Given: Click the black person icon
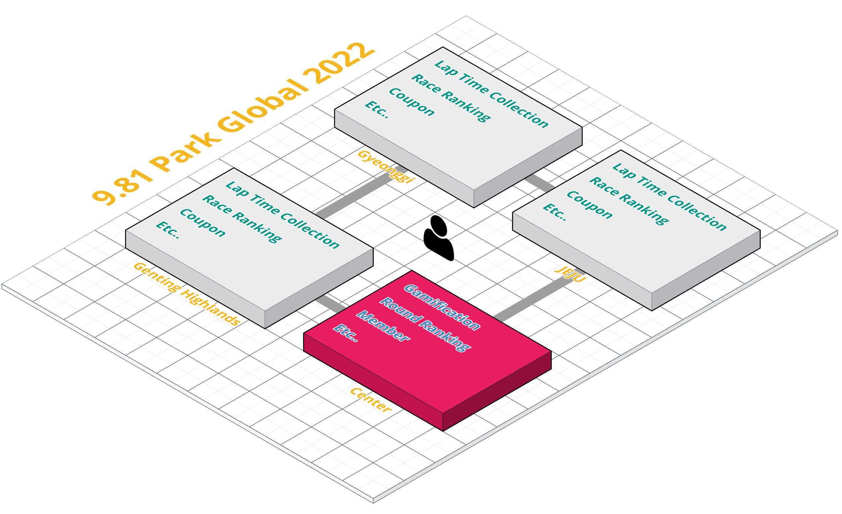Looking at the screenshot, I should tap(439, 238).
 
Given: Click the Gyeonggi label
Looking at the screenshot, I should tap(385, 166).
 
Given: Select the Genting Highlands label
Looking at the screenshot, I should tap(187, 294).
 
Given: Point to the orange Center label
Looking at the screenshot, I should tap(371, 400).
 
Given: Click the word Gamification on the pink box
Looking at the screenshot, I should tap(442, 307).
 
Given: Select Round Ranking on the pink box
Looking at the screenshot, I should tap(425, 324).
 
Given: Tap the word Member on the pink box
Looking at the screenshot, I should tap(383, 326).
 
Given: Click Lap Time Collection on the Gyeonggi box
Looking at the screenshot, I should tap(491, 93).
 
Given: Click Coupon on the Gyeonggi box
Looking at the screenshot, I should tap(411, 102).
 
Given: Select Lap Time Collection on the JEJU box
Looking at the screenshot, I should tap(669, 196).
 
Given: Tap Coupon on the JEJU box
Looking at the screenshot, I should tap(590, 205).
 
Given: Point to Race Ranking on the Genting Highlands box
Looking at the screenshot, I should tap(242, 219).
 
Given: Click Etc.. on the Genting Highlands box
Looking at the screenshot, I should tap(168, 230).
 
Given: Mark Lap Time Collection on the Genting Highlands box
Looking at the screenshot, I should tap(282, 215).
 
